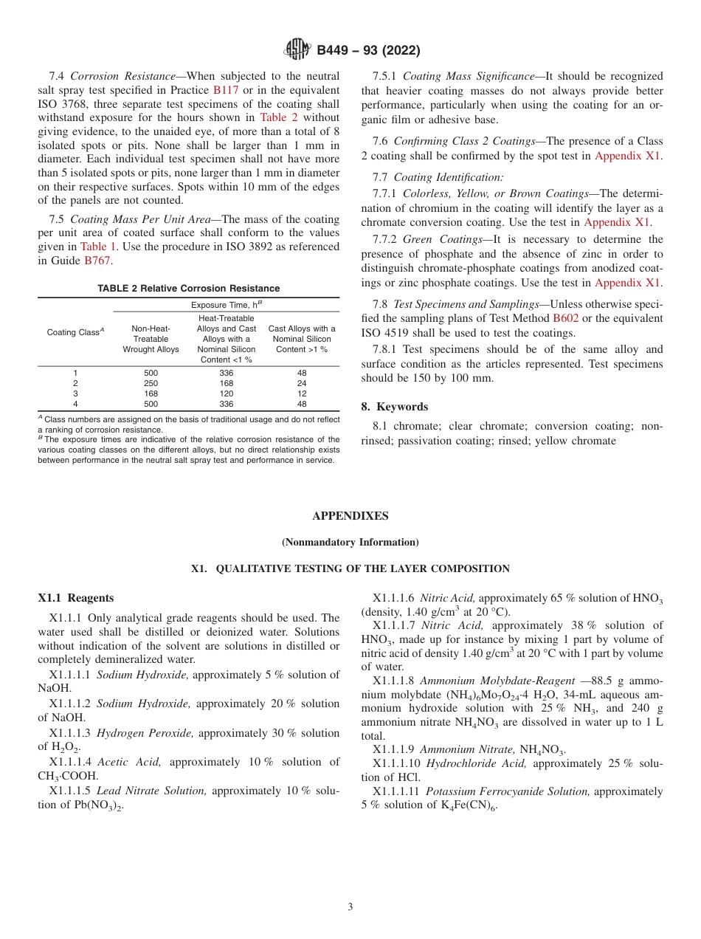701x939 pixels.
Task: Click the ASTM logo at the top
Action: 298,50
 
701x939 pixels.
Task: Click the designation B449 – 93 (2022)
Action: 368,50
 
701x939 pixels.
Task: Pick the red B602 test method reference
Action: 566,318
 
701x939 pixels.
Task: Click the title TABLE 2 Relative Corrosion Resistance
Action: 188,289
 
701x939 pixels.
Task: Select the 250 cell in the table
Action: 151,383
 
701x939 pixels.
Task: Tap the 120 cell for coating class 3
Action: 227,393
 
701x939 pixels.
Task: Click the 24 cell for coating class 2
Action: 302,383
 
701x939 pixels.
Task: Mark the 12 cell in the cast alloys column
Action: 302,393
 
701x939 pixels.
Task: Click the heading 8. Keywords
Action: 395,407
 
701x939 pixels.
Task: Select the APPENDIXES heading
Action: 350,516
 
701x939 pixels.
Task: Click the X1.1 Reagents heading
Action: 76,598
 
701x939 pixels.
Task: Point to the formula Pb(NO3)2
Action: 100,805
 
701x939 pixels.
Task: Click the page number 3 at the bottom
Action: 350,907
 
